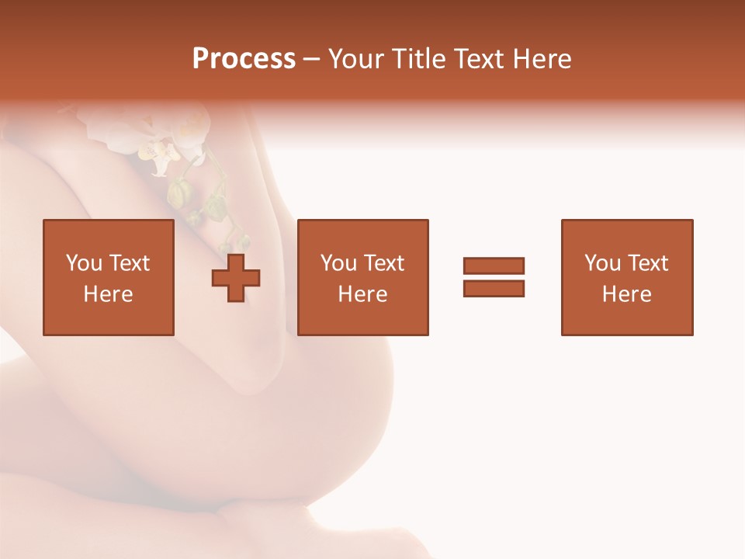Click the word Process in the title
[x=244, y=59]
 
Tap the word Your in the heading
[x=356, y=59]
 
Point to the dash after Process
[x=311, y=60]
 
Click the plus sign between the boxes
[x=236, y=277]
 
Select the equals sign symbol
[x=494, y=277]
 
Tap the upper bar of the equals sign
[x=494, y=266]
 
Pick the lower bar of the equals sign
[x=494, y=289]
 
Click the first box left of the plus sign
[x=108, y=277]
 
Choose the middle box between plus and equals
[x=362, y=277]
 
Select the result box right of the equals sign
[x=627, y=277]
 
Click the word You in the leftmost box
[x=84, y=263]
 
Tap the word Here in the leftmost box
[x=108, y=294]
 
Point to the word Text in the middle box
[x=384, y=263]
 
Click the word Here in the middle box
[x=362, y=294]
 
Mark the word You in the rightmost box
[x=602, y=263]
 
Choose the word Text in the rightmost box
[x=648, y=263]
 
